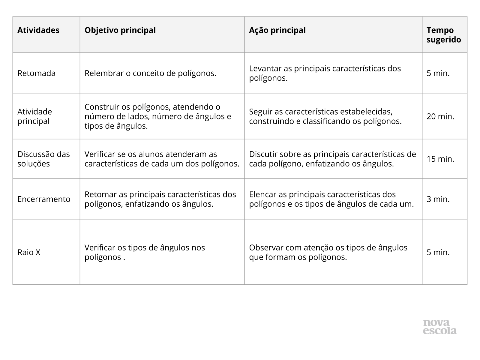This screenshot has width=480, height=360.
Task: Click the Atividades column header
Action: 38,30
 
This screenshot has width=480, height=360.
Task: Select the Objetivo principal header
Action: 120,30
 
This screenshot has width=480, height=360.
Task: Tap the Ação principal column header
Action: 277,30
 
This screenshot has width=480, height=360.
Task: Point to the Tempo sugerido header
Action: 444,35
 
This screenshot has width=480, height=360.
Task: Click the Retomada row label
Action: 36,73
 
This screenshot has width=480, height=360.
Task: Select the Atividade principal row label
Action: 34,116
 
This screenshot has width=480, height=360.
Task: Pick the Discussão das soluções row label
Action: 43,159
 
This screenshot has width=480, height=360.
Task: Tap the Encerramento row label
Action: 44,199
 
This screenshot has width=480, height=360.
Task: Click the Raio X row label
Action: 29,252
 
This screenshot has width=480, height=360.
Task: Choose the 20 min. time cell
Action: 440,116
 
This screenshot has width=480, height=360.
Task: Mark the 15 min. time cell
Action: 440,159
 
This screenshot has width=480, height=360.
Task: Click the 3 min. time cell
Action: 438,199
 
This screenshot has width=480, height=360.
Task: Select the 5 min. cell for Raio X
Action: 438,252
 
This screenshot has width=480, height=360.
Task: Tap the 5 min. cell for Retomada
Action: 438,73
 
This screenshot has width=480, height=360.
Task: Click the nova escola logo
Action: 440,327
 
